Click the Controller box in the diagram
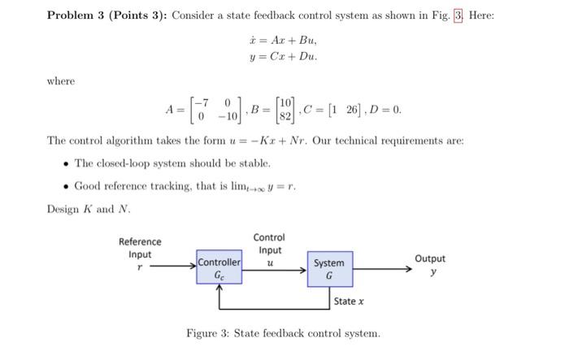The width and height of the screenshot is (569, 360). click(219, 269)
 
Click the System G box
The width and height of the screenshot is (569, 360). click(329, 269)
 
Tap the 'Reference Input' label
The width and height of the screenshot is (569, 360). click(140, 248)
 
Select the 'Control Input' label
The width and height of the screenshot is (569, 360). click(269, 244)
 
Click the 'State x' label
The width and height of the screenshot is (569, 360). click(349, 301)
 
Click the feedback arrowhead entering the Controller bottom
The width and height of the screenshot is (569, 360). click(219, 291)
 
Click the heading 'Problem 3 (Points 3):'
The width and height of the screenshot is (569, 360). click(107, 15)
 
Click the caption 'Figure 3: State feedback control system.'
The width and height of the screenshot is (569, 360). click(283, 333)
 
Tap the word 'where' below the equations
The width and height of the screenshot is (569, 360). click(60, 80)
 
